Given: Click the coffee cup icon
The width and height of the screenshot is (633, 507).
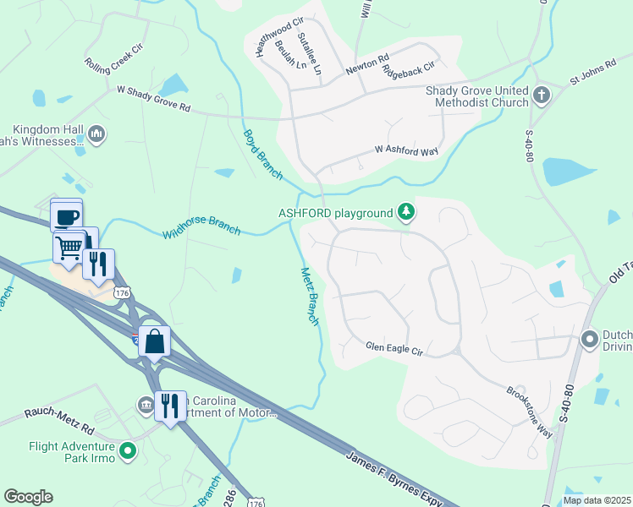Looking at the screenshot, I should pos(66,215).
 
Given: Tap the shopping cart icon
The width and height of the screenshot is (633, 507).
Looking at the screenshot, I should pos(69,248).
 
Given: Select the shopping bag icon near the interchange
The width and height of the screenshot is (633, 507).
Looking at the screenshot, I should pos(155,341).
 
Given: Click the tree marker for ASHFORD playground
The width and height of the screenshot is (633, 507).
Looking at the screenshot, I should pos(407,211).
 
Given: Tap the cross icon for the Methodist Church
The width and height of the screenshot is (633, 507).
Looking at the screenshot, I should pos(542,95).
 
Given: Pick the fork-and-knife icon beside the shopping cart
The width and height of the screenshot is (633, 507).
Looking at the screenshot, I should pos(98,264).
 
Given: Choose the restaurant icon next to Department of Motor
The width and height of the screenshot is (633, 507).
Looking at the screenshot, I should pos(170,406).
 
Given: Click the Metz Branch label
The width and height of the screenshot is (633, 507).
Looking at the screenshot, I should pos(310,297).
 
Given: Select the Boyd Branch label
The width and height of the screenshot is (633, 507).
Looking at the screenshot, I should pos(262,154).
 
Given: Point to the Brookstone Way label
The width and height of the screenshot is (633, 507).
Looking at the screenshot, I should pos(530,412).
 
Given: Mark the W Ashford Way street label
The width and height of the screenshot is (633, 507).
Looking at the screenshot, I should pos(407,150).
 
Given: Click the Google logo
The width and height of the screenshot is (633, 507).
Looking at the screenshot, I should pos(28,497).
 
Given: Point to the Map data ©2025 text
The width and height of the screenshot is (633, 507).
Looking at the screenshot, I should pos(596,500).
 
